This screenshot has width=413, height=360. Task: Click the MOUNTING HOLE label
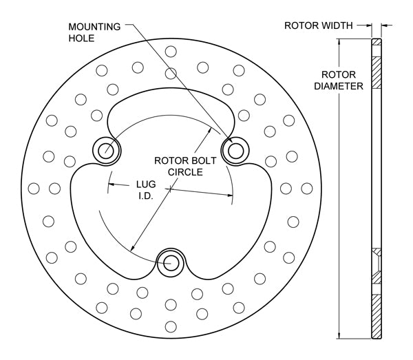94,32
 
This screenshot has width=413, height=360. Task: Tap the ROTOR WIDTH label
319,25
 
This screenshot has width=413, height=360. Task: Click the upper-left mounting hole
106,148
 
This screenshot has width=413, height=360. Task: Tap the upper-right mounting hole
234,149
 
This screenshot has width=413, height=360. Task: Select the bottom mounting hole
169,261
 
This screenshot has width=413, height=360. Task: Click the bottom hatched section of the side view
376,317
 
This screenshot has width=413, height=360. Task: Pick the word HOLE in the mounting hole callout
81,39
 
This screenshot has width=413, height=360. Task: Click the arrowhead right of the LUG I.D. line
230,195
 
